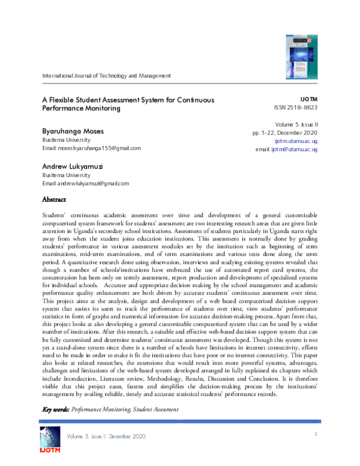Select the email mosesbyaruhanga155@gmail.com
pos(91,148)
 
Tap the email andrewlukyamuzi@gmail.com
pos(85,183)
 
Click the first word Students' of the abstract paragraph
pos(55,214)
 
